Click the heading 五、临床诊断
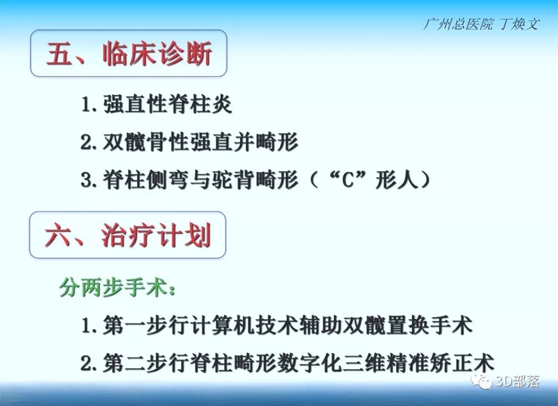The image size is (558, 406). tap(129, 54)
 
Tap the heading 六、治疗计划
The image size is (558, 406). tap(128, 235)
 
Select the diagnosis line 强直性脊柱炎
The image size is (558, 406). tap(168, 104)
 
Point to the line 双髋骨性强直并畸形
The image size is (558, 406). tap(200, 142)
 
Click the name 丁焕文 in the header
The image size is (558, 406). tap(520, 24)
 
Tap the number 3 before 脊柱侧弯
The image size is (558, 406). tap(86, 180)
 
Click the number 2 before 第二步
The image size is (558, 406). tap(86, 363)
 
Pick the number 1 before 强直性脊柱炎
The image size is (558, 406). tap(86, 104)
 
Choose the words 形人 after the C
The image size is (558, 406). tap(396, 180)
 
